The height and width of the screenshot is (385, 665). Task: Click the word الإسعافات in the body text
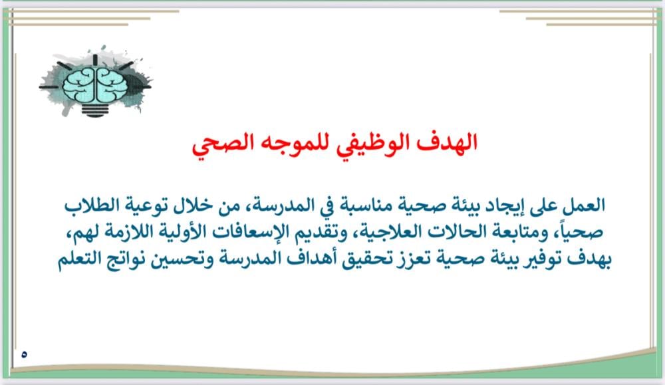[x=251, y=232]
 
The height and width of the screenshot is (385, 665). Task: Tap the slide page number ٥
[x=24, y=354]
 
